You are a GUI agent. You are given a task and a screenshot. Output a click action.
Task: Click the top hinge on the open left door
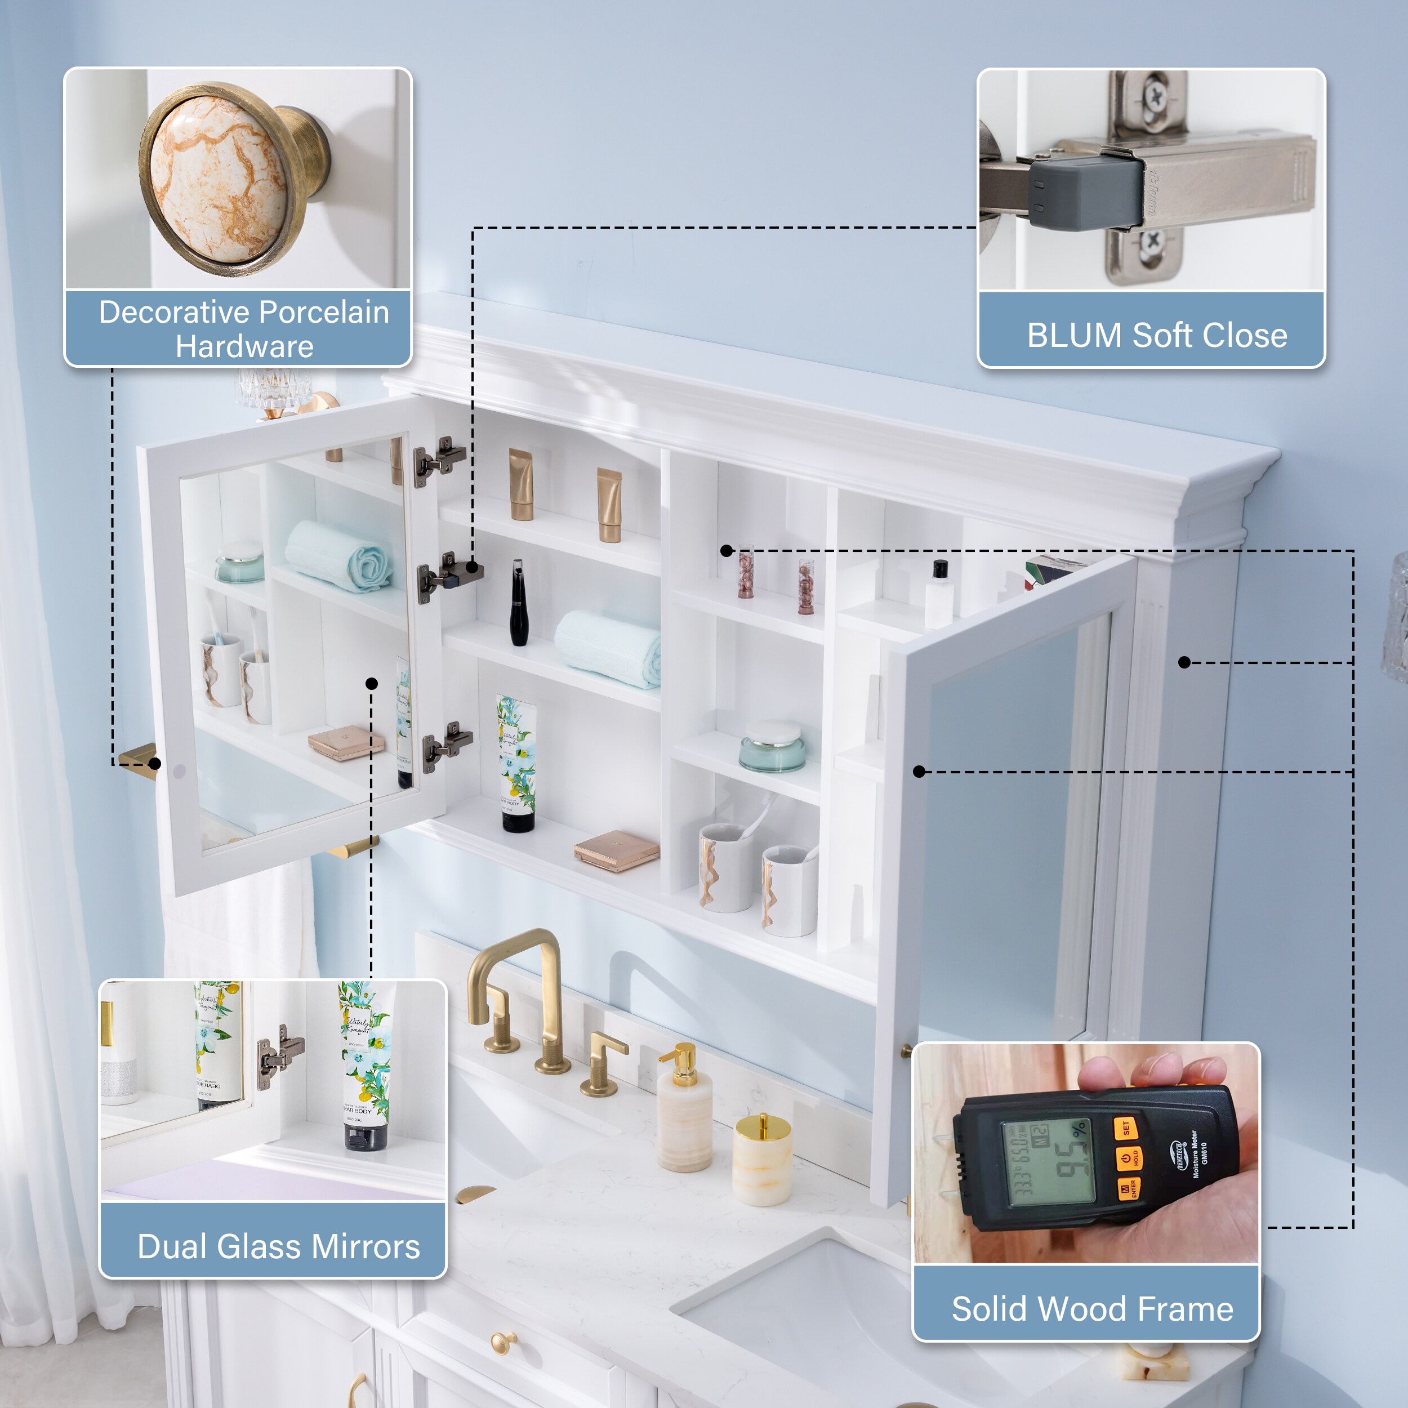[439, 461]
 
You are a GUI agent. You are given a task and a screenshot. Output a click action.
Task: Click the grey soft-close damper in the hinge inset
[1083, 193]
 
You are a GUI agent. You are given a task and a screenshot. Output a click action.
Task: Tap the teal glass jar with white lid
[772, 746]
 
